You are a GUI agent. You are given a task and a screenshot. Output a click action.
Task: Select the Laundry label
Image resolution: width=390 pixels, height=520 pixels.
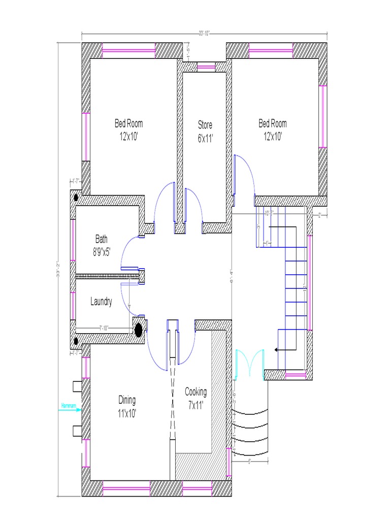[101, 302]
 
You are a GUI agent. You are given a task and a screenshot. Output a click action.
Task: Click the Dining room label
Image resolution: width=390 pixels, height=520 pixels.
[127, 406]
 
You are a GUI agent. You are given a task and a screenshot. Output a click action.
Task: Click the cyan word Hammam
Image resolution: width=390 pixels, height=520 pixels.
[68, 406]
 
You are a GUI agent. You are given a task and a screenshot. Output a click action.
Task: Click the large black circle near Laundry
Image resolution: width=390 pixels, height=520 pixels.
[138, 330]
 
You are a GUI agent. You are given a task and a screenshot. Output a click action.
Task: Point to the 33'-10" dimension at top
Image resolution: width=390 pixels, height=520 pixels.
[204, 34]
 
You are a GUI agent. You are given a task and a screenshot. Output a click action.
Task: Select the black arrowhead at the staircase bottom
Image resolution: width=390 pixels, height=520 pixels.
[276, 350]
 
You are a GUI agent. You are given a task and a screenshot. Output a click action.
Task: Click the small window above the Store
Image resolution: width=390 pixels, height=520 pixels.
[206, 65]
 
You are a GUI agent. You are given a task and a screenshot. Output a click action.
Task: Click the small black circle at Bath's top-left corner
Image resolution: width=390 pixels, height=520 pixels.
[76, 197]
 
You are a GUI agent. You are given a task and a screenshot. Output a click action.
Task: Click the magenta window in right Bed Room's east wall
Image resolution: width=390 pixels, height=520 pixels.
[321, 116]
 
